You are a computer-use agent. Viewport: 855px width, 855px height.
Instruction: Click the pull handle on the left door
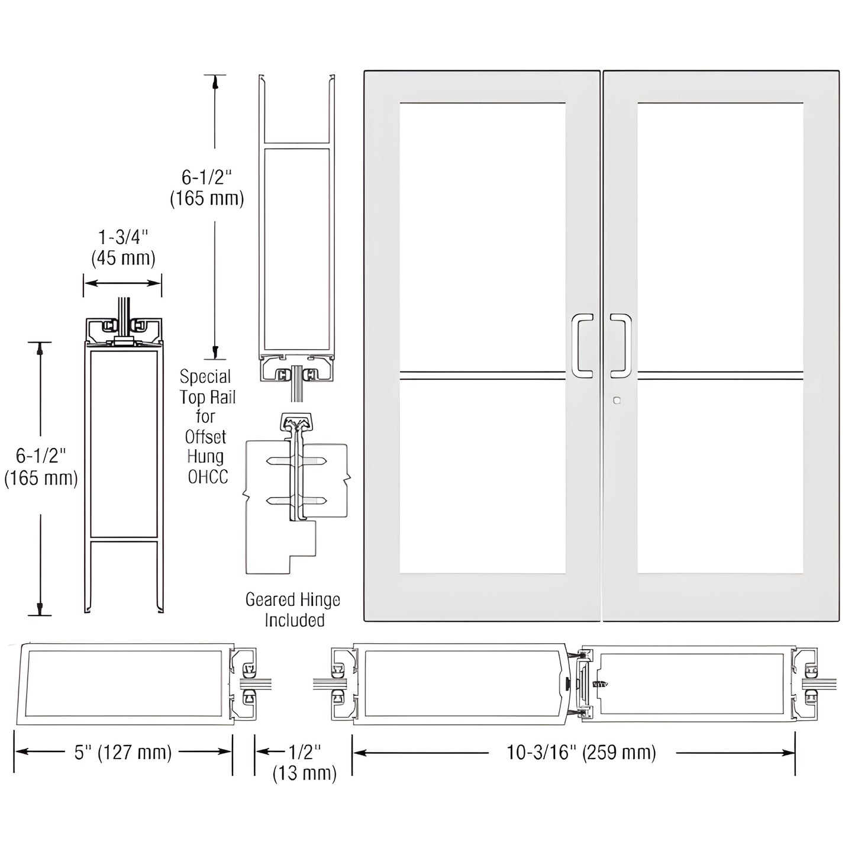coord(582,346)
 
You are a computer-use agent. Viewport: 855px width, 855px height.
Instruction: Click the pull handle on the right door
coord(621,346)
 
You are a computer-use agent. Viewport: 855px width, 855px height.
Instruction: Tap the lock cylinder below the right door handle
coord(617,401)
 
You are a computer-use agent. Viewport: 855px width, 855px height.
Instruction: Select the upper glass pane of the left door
coord(482,237)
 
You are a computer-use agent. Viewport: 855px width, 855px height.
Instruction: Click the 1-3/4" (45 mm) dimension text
coord(123,247)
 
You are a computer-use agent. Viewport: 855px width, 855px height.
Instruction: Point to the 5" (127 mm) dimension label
coord(123,752)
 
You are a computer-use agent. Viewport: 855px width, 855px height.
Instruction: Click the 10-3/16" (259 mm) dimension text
coord(581,752)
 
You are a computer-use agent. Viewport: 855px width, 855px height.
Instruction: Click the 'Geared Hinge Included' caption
coord(293,610)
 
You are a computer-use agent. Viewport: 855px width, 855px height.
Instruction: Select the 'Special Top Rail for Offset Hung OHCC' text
coord(206,427)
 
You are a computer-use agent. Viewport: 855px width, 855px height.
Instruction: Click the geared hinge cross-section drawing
coord(296,491)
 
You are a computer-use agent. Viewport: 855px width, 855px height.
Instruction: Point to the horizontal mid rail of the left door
coord(482,375)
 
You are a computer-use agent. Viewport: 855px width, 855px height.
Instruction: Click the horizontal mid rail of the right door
coord(720,375)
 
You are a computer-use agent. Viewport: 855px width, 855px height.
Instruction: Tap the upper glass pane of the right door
coord(720,237)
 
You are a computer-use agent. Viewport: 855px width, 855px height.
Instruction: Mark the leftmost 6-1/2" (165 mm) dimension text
coord(41,467)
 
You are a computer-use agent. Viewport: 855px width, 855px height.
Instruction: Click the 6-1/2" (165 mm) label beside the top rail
coord(207,188)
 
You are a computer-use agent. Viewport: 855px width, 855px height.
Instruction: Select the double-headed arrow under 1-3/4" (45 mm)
coord(122,283)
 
